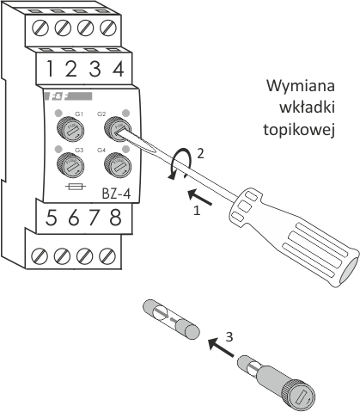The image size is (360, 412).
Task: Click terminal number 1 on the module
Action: coord(51,69)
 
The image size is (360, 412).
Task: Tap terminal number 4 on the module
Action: coord(118,69)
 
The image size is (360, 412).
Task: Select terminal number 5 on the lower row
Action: coord(52,218)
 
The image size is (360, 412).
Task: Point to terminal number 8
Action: coord(115,218)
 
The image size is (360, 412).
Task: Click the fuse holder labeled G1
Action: coord(70,129)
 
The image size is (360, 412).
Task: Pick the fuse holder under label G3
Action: coord(70,166)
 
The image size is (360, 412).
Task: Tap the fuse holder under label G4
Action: coord(118,165)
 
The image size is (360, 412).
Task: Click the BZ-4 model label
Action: coord(116,194)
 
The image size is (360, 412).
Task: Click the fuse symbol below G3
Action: coord(76,187)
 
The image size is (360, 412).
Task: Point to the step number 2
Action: coord(200,154)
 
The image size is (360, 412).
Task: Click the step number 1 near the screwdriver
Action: coord(197,211)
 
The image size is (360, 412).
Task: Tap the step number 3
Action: coord(229,337)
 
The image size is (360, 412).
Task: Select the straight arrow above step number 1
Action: coord(200,197)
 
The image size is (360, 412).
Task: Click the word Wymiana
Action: coord(301,86)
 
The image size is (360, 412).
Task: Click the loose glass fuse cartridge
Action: coord(171,320)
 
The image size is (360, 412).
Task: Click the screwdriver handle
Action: coord(293,237)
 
